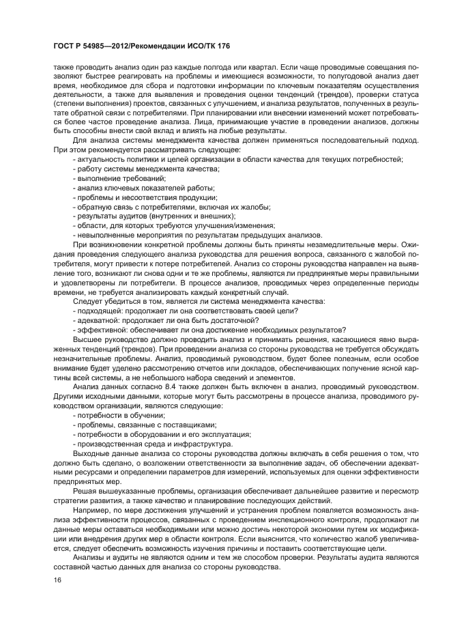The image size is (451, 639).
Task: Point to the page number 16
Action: pyautogui.click(x=57, y=579)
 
